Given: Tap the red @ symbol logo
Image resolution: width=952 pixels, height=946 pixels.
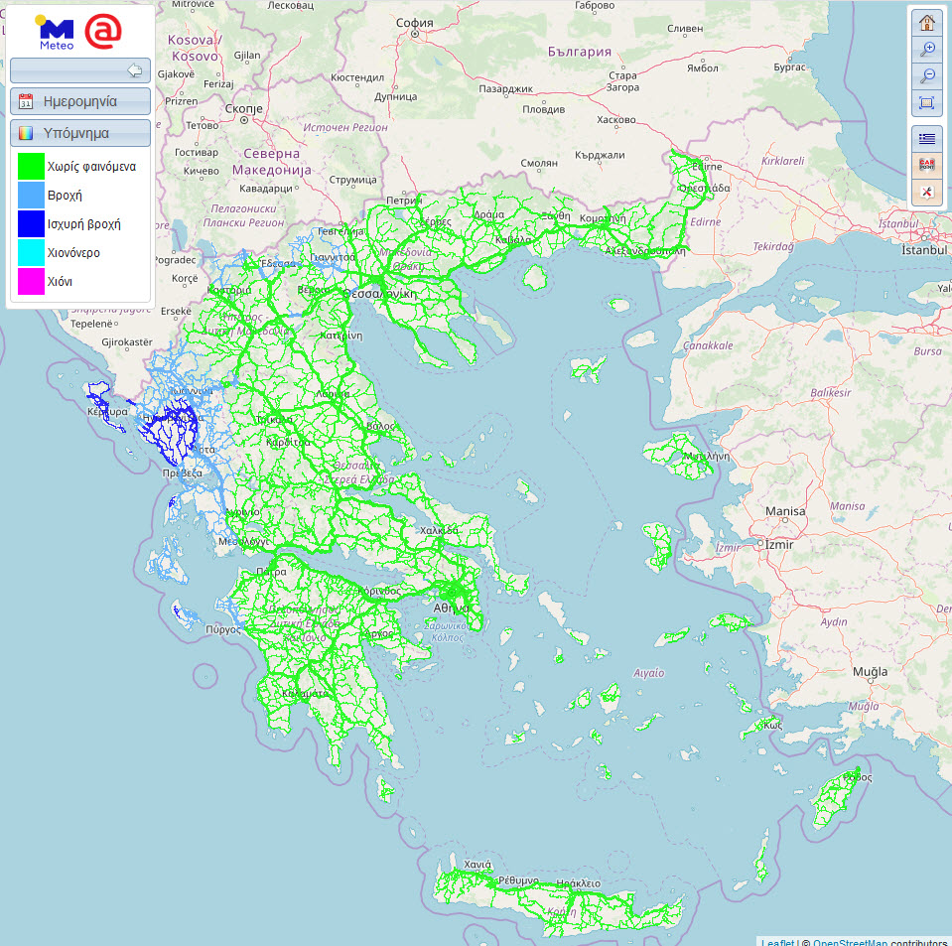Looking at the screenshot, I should click(103, 31).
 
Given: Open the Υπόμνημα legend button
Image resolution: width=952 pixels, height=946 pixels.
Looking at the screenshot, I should click(80, 133).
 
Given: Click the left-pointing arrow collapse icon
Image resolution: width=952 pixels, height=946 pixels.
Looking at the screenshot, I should click(136, 70).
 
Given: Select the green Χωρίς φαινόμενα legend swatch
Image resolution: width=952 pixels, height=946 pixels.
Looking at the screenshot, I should click(32, 167).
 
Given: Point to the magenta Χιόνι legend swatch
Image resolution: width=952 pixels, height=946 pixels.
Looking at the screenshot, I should click(32, 282).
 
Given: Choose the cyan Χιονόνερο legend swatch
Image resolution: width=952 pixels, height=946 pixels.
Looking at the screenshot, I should click(32, 253).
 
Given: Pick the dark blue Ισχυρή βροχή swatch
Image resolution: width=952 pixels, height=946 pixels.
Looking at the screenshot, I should click(32, 224).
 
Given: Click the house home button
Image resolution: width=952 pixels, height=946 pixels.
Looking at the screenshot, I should click(927, 23).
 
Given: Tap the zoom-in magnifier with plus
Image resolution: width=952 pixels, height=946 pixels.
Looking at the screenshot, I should click(927, 50).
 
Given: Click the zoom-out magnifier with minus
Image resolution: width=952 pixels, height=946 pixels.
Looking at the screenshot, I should click(927, 76).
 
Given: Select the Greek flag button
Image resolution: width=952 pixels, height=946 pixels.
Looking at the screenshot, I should click(927, 138).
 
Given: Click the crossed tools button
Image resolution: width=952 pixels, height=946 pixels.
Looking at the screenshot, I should click(927, 192).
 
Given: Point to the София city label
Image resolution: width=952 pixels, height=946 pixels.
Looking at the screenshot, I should click(414, 23).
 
